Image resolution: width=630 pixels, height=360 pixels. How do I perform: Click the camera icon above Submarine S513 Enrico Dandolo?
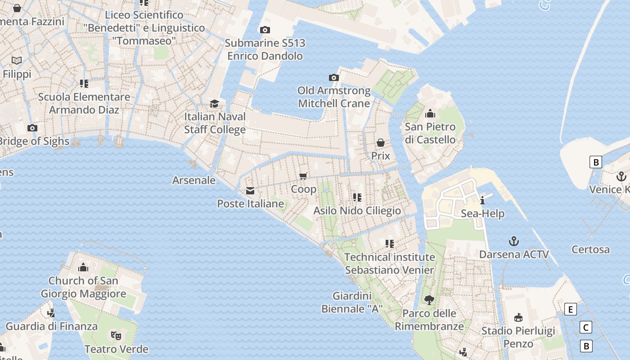pyautogui.click(x=265, y=30)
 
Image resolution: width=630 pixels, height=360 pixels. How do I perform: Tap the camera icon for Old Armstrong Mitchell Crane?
pyautogui.click(x=333, y=78)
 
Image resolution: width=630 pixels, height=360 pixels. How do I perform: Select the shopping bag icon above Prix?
pyautogui.click(x=380, y=143)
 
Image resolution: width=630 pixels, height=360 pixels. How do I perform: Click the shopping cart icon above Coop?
pyautogui.click(x=303, y=176)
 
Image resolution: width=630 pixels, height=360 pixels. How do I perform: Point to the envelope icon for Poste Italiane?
pyautogui.click(x=250, y=191)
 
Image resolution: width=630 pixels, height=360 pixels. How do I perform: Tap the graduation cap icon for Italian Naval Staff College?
pyautogui.click(x=215, y=104)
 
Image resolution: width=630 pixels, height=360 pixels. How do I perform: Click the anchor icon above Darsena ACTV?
pyautogui.click(x=513, y=242)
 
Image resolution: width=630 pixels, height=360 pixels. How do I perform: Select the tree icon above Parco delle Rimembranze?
pyautogui.click(x=429, y=300)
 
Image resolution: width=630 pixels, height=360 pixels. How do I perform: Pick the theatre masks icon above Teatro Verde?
pyautogui.click(x=116, y=336)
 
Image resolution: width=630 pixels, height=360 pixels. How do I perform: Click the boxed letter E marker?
pyautogui.click(x=570, y=310)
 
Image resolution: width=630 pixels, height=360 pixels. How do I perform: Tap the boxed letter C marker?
pyautogui.click(x=585, y=327)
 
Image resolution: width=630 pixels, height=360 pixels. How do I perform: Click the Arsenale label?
pyautogui.click(x=194, y=180)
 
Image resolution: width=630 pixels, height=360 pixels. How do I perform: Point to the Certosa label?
pyautogui.click(x=590, y=249)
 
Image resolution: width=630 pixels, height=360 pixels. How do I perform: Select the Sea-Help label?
pyautogui.click(x=482, y=214)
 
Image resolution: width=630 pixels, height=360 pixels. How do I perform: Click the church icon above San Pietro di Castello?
pyautogui.click(x=430, y=113)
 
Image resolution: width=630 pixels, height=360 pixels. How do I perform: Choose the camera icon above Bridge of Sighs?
pyautogui.click(x=32, y=128)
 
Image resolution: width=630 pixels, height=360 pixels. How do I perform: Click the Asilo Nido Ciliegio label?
pyautogui.click(x=357, y=211)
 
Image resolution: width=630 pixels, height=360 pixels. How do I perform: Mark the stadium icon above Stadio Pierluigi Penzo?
pyautogui.click(x=518, y=318)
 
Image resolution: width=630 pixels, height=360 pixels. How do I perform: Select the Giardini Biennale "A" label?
pyautogui.click(x=352, y=302)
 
